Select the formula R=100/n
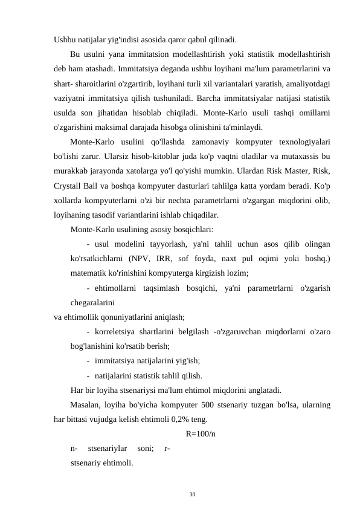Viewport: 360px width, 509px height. pyautogui.click(x=202, y=433)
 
